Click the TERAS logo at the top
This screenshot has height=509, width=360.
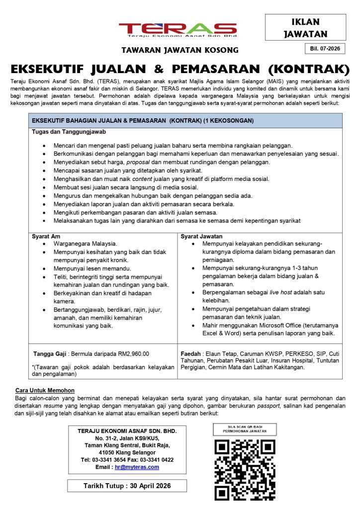[x=178, y=30]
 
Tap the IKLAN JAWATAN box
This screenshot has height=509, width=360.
[x=305, y=28]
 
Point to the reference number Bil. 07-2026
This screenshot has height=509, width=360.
[x=324, y=49]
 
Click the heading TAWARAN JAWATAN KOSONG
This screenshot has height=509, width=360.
[x=180, y=50]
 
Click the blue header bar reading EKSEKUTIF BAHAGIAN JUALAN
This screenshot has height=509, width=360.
[x=185, y=121]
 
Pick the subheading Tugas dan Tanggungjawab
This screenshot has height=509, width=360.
[x=69, y=132]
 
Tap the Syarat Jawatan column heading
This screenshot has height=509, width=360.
[x=201, y=236]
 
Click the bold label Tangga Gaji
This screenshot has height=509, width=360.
[x=51, y=354]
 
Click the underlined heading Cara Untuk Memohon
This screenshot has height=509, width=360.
[x=45, y=391]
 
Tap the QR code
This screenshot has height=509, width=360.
[x=245, y=470]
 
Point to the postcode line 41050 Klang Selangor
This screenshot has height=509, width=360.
[x=127, y=453]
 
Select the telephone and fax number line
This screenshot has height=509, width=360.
[x=127, y=460]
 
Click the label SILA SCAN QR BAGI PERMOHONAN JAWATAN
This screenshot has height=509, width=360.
[x=245, y=429]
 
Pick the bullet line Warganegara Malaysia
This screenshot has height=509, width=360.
[x=85, y=244]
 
